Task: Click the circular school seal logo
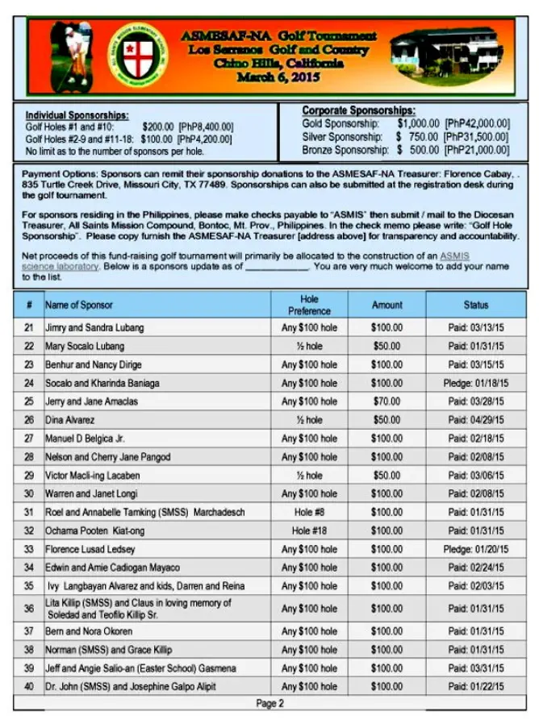click(x=138, y=55)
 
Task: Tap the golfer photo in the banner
click(x=70, y=55)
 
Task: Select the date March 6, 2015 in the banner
click(x=278, y=77)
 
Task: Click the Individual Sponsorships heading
click(x=77, y=115)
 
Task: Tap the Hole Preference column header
click(x=310, y=305)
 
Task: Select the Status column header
click(x=475, y=305)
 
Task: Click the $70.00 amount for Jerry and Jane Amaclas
click(x=386, y=401)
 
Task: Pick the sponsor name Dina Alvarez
click(x=70, y=420)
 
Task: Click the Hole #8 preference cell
click(x=310, y=513)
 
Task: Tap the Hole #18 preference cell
click(x=310, y=531)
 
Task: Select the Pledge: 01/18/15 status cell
click(x=475, y=383)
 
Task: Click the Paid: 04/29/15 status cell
click(x=475, y=420)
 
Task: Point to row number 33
click(x=29, y=550)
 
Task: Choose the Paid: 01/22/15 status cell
click(x=475, y=687)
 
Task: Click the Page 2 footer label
click(x=269, y=704)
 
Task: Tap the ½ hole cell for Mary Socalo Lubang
click(x=310, y=347)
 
